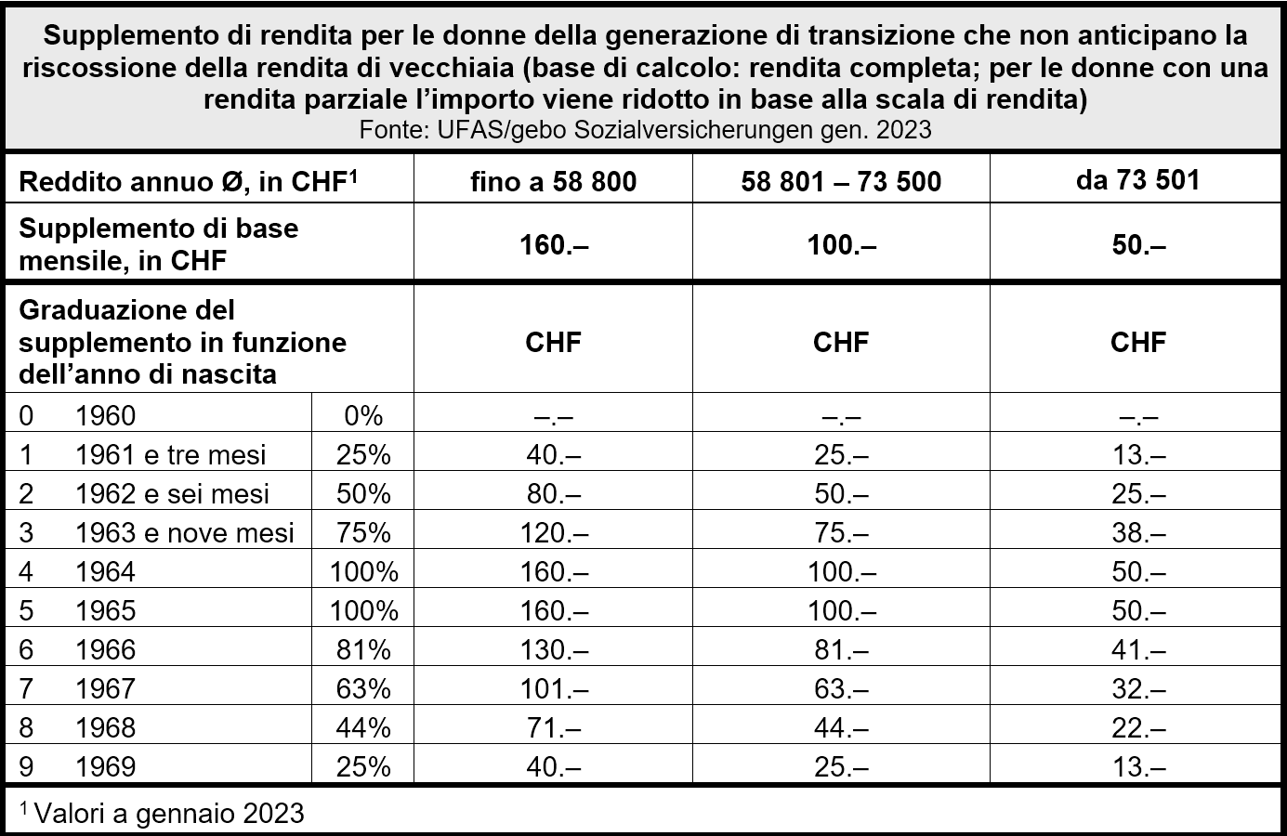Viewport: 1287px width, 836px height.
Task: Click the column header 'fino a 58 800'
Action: click(x=553, y=180)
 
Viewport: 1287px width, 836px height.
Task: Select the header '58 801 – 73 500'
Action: click(x=841, y=180)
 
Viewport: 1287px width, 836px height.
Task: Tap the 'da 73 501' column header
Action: click(x=1137, y=179)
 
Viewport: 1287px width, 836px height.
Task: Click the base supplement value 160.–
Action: click(x=553, y=244)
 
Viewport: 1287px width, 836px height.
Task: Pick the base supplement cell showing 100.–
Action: click(x=841, y=244)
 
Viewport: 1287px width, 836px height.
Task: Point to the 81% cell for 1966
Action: click(x=363, y=649)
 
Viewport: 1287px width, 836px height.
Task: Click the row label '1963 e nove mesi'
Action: click(x=184, y=532)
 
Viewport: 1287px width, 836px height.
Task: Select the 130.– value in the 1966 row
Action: click(x=553, y=649)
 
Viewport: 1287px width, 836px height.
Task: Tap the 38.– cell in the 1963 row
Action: click(x=1137, y=532)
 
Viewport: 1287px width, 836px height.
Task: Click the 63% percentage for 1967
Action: click(x=363, y=688)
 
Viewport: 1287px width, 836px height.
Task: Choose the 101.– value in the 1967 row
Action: click(x=553, y=688)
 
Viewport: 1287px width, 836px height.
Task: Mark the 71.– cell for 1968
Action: click(x=553, y=727)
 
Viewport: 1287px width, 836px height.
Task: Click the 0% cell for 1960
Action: click(x=363, y=415)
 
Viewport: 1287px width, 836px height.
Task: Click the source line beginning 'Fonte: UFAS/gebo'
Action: click(x=645, y=129)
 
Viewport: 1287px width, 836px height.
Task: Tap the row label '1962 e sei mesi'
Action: click(x=172, y=493)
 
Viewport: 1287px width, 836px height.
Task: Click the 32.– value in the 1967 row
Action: click(x=1137, y=688)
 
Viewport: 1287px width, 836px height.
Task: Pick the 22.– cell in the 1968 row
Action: click(x=1137, y=727)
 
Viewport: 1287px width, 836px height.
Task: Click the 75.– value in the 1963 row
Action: click(x=841, y=532)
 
